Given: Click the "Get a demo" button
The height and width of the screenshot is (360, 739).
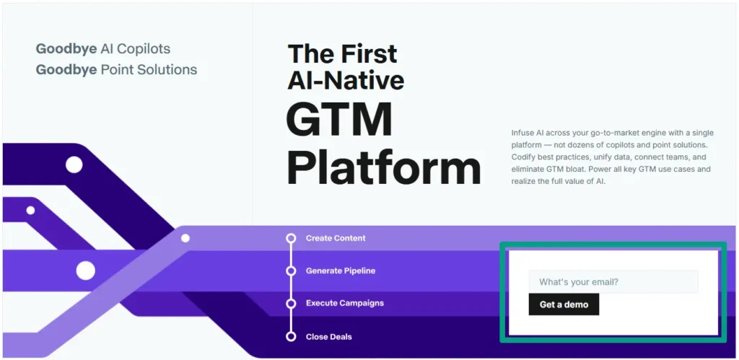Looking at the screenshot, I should pyautogui.click(x=564, y=304).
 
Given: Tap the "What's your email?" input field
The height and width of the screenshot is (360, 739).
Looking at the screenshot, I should pyautogui.click(x=613, y=282).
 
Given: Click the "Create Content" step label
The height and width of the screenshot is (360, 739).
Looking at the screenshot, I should pyautogui.click(x=336, y=238).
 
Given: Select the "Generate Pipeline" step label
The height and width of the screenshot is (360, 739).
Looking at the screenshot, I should pyautogui.click(x=341, y=271).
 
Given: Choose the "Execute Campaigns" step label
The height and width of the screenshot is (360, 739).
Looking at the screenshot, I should pyautogui.click(x=344, y=304).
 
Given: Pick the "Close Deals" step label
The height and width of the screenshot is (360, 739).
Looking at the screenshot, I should pyautogui.click(x=328, y=337).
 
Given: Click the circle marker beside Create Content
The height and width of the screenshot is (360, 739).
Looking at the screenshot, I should pyautogui.click(x=291, y=238).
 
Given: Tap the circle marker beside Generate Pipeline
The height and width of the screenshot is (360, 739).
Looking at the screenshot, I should pyautogui.click(x=291, y=271).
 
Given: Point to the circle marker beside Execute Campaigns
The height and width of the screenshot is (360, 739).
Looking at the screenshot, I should pyautogui.click(x=291, y=304).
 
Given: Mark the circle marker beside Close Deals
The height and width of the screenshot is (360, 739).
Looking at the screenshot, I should pyautogui.click(x=291, y=337).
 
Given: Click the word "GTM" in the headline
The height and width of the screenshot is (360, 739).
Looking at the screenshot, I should pyautogui.click(x=339, y=120).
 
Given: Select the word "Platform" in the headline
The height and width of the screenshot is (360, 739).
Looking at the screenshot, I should pyautogui.click(x=383, y=168).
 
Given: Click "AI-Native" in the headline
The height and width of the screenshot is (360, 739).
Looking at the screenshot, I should pyautogui.click(x=346, y=79).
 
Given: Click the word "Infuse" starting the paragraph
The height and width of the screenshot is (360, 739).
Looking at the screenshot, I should pyautogui.click(x=522, y=133).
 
